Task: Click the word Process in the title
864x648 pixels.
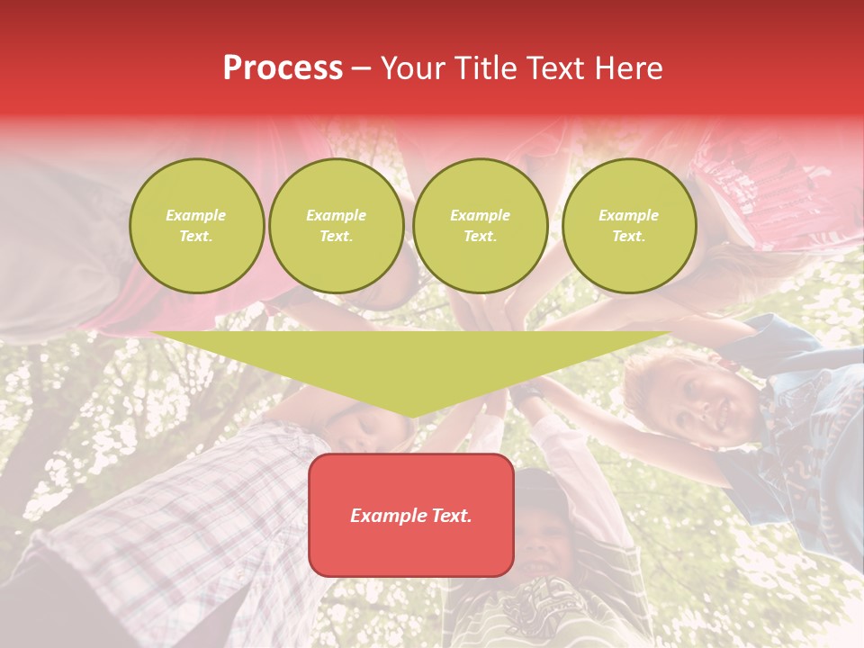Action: (283, 68)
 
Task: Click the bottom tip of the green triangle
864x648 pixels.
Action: (411, 415)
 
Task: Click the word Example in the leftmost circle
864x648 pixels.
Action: (196, 215)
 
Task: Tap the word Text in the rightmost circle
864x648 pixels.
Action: (628, 236)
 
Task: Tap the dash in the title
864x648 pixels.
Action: (361, 68)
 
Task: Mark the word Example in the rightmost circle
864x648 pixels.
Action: (628, 215)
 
